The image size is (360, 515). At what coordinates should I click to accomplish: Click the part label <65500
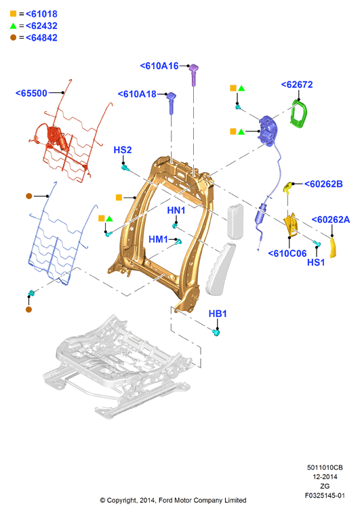pos(32,94)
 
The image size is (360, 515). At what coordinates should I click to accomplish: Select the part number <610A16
pos(159,66)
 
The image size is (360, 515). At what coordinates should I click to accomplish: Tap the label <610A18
pos(137,94)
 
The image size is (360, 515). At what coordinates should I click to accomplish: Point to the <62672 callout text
pos(297,85)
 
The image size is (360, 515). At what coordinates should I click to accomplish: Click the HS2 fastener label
pos(123,150)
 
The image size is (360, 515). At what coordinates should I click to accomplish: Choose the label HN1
pos(176,210)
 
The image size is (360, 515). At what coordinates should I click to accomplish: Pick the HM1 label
pos(158,239)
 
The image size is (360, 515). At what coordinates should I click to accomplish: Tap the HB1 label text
pos(218,314)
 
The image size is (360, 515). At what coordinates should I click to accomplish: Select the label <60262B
pos(323,184)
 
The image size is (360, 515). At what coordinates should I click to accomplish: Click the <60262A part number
pos(331,220)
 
